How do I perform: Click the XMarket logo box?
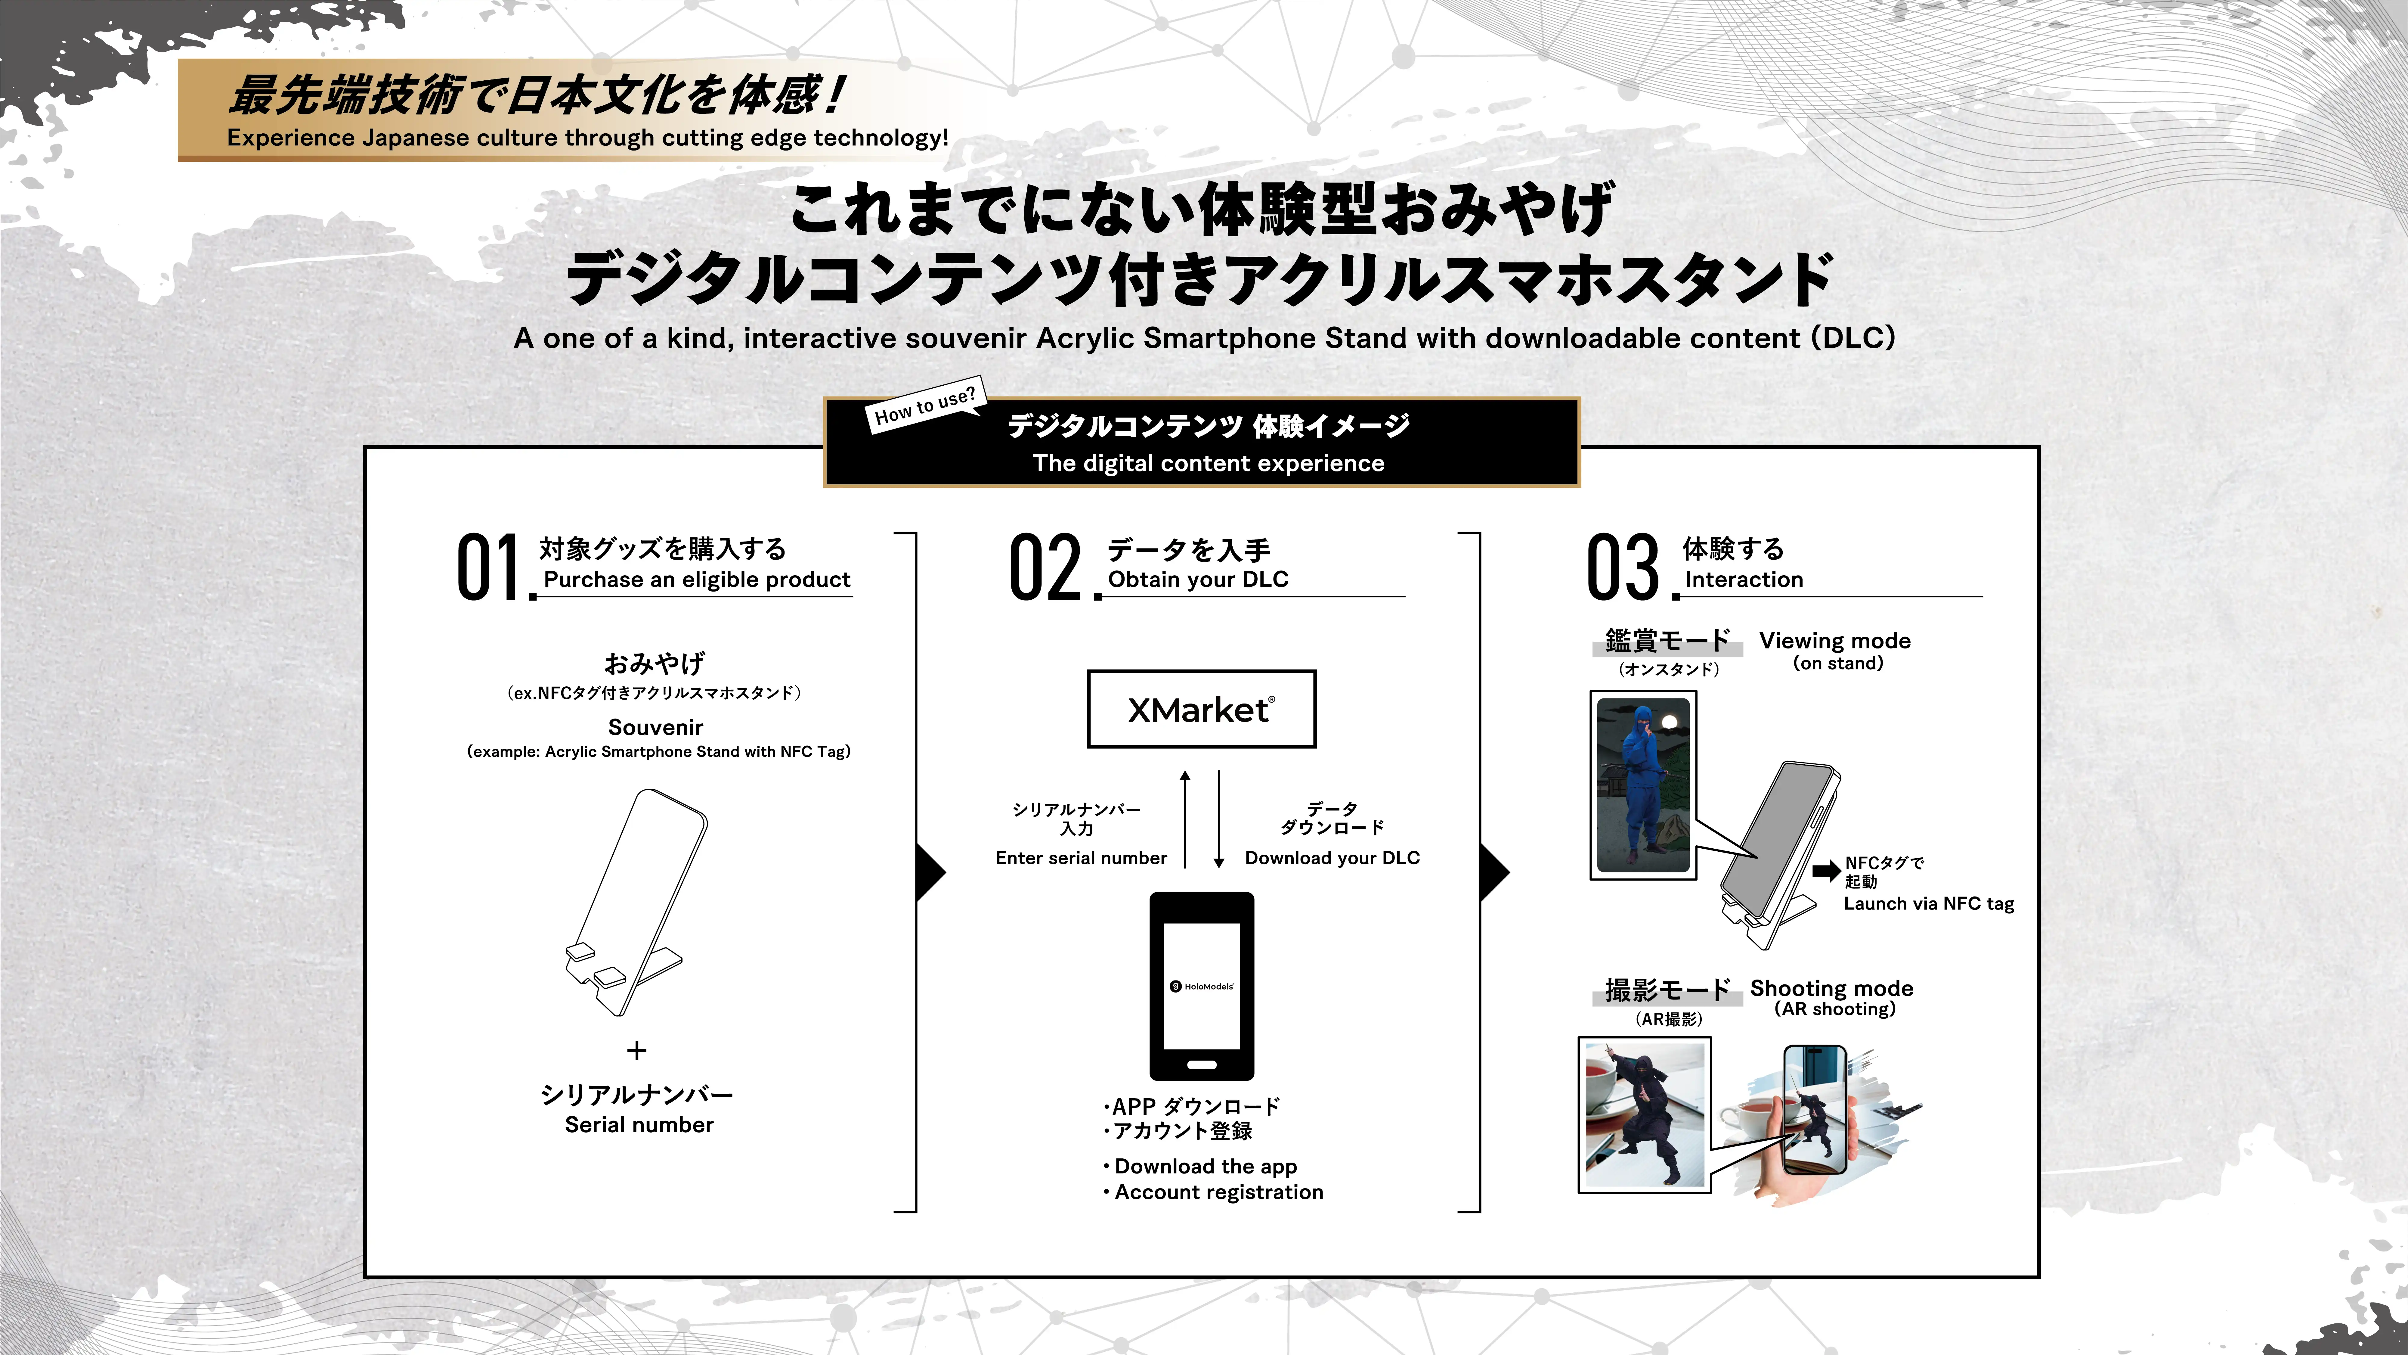point(1201,709)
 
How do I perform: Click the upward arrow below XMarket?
point(1185,818)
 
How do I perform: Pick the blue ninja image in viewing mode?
point(1643,785)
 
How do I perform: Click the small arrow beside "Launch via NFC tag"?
point(1826,872)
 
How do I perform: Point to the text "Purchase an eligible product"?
point(696,580)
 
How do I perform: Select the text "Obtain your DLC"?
point(1197,580)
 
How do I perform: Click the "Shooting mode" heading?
point(1831,988)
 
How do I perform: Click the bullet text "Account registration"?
point(1218,1192)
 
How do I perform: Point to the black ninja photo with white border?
point(1644,1115)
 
